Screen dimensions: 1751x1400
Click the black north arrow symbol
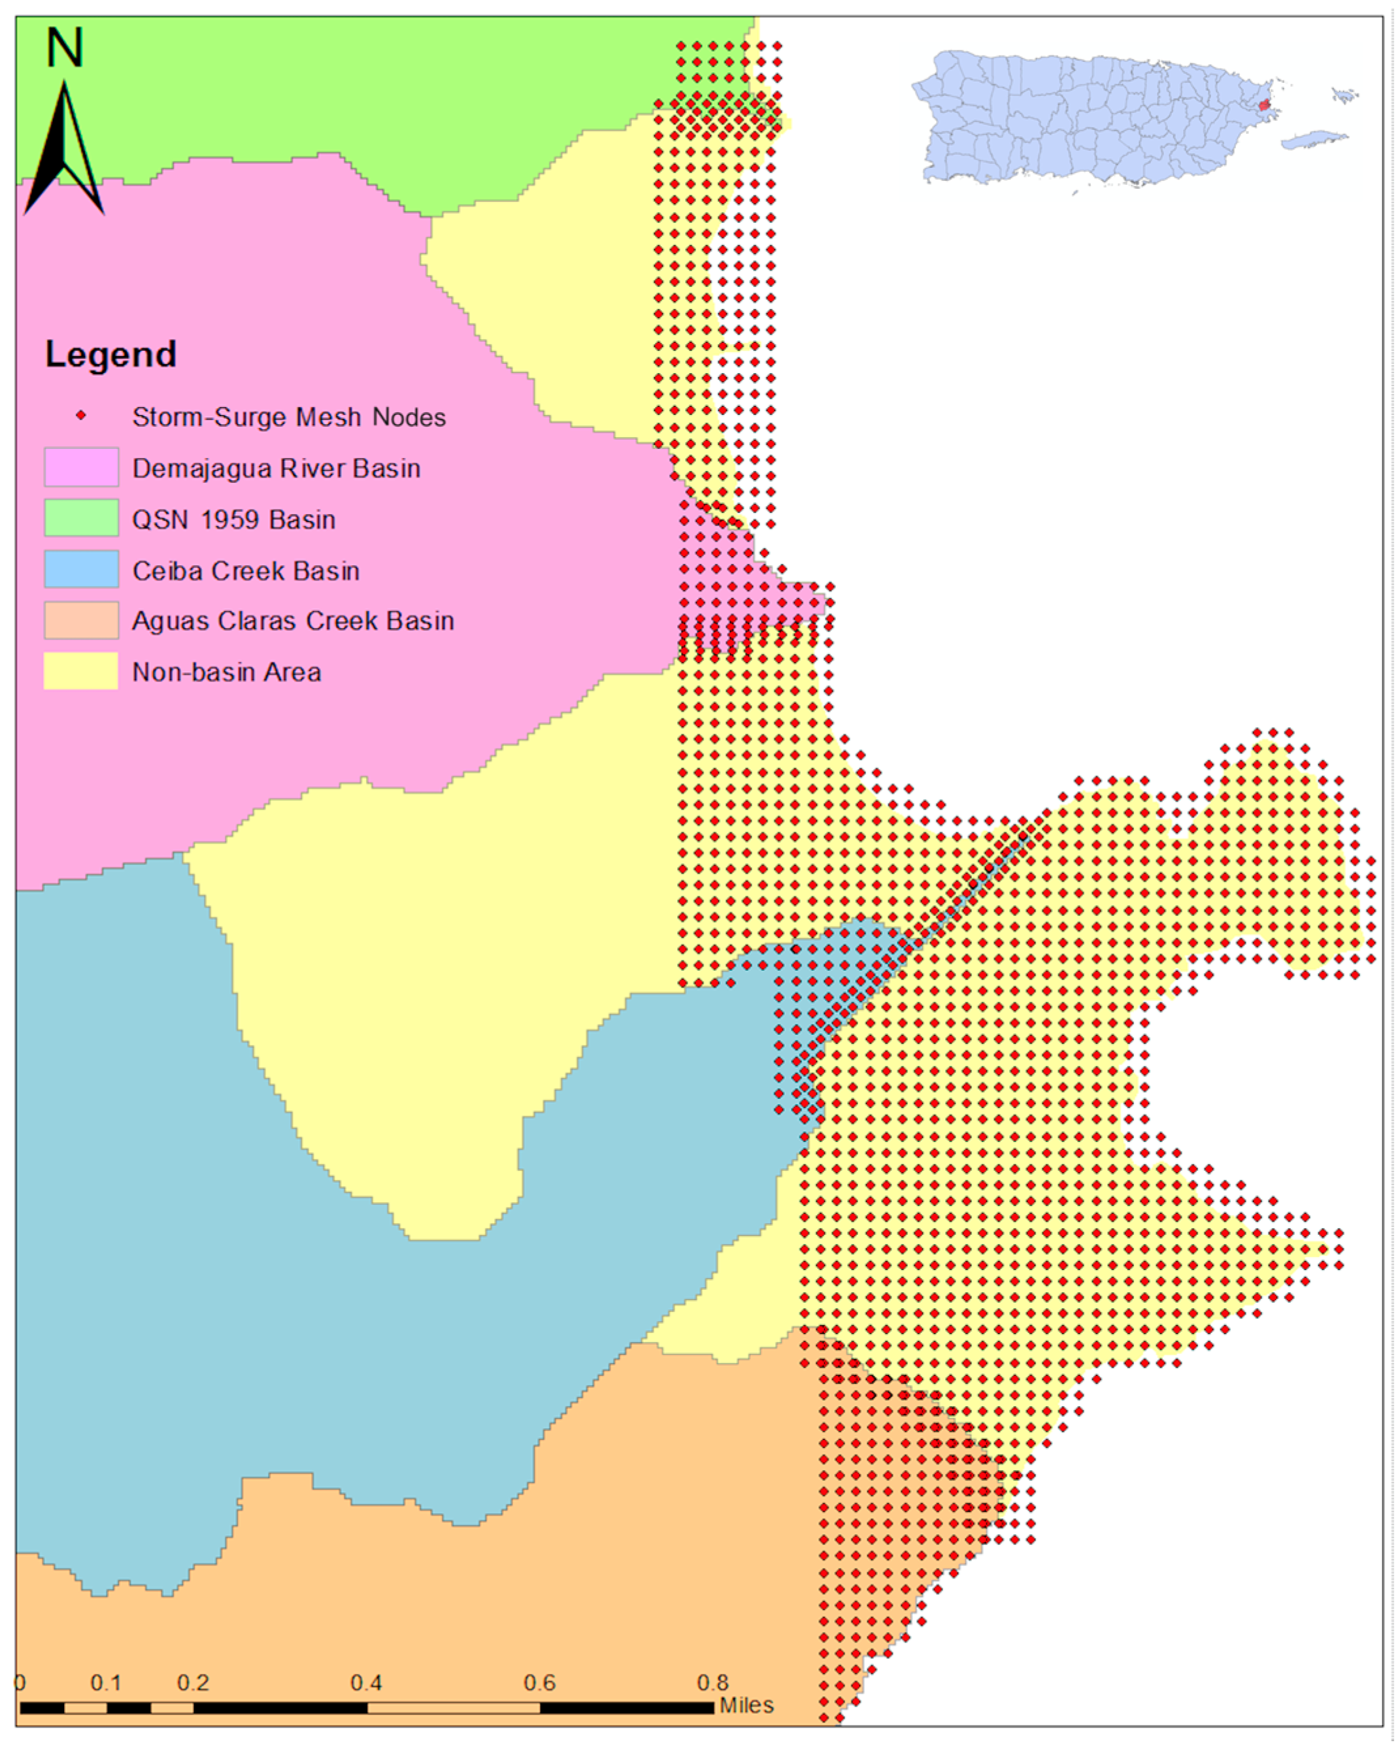[x=63, y=154]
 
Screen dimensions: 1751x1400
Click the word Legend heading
[x=110, y=354]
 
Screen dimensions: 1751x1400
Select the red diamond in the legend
[x=81, y=416]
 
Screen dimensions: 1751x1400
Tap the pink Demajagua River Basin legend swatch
[x=81, y=467]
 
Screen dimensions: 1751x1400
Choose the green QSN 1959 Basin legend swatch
[x=81, y=518]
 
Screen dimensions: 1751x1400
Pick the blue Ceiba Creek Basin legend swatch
[x=81, y=569]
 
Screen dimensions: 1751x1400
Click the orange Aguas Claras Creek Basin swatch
[x=81, y=621]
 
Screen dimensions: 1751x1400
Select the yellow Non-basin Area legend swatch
[x=81, y=672]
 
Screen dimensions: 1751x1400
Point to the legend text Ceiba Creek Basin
[x=245, y=571]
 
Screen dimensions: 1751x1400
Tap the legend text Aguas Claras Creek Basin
[x=293, y=621]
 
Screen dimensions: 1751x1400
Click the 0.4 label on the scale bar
[x=365, y=1682]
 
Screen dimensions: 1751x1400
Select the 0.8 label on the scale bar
[x=712, y=1682]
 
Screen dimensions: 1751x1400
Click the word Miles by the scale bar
[x=746, y=1705]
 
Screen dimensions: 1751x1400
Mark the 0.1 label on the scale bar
[x=106, y=1682]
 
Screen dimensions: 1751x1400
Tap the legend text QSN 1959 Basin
[x=233, y=520]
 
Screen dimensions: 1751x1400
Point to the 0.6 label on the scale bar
[x=539, y=1682]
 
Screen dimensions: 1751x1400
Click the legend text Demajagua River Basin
[x=276, y=468]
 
